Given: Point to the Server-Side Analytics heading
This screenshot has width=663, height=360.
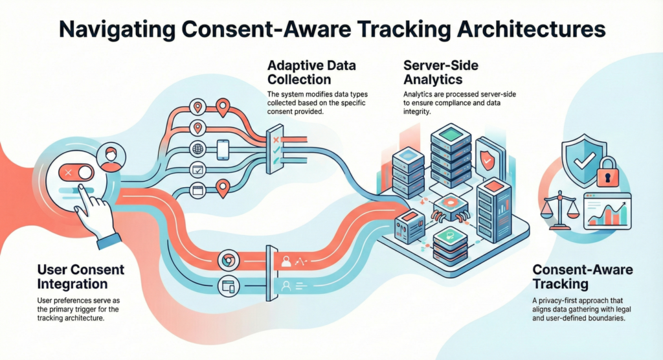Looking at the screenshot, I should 435,73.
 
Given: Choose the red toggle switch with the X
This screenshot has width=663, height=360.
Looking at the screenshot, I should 76,173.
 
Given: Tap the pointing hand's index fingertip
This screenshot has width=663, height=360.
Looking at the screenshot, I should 83,188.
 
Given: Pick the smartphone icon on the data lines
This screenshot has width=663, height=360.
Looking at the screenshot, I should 223,150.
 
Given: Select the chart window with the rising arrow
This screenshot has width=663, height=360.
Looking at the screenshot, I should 607,212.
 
